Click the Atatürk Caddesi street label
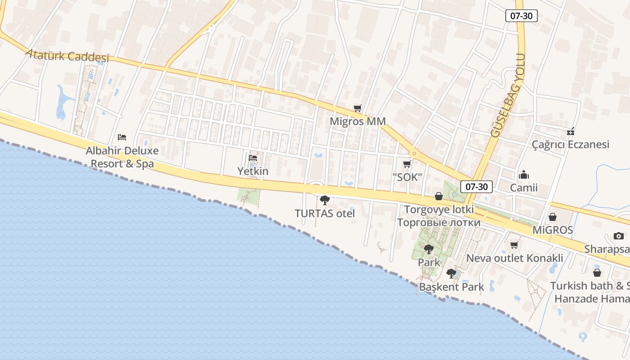pyautogui.click(x=67, y=55)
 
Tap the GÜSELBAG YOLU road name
pyautogui.click(x=508, y=95)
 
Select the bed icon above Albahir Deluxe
pyautogui.click(x=122, y=137)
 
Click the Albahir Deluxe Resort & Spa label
pyautogui.click(x=122, y=157)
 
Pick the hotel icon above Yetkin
pyautogui.click(x=253, y=158)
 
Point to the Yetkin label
pyautogui.click(x=253, y=171)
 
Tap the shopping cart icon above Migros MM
pyautogui.click(x=358, y=108)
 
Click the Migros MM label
pyautogui.click(x=358, y=121)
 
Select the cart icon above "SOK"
pyautogui.click(x=407, y=164)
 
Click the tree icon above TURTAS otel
pyautogui.click(x=324, y=200)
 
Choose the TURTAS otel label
pyautogui.click(x=325, y=213)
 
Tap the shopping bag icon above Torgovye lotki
pyautogui.click(x=439, y=196)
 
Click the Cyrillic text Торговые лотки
pyautogui.click(x=439, y=222)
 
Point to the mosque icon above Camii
pyautogui.click(x=524, y=175)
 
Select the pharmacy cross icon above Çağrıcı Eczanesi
pyautogui.click(x=571, y=131)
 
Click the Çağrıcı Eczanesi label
pyautogui.click(x=571, y=144)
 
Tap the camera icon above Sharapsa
pyautogui.click(x=619, y=236)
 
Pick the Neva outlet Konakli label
pyautogui.click(x=515, y=258)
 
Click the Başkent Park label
pyautogui.click(x=451, y=287)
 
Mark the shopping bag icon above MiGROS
pyautogui.click(x=553, y=217)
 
